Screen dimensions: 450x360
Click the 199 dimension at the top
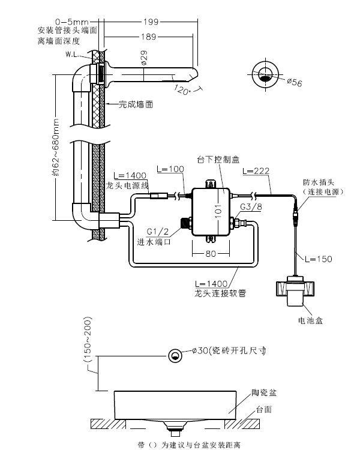[151, 22]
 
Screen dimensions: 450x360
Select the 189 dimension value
[148, 37]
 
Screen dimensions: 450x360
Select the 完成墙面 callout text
[136, 104]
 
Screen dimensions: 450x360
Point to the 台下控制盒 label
[218, 160]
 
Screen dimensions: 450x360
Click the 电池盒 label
[310, 320]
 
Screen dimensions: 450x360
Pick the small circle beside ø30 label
[176, 355]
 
